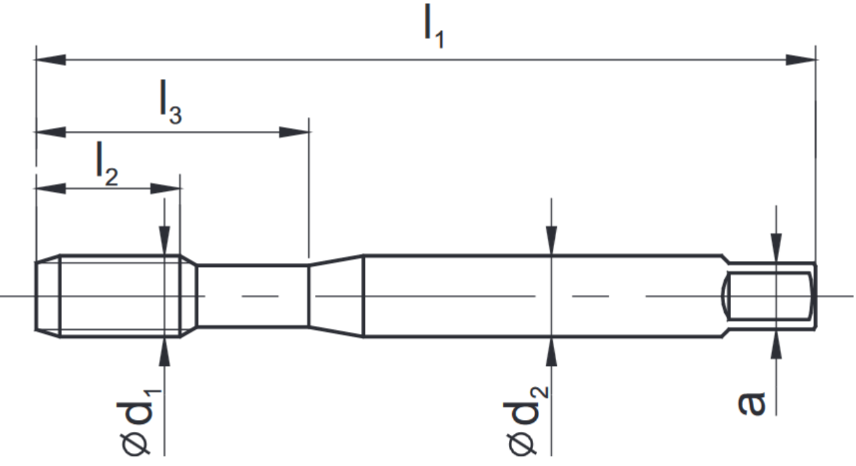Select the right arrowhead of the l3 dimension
pos(294,132)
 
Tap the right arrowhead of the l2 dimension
pos(166,189)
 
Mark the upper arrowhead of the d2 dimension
pos(552,241)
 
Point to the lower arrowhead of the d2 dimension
pos(552,352)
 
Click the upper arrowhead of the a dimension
pos(776,247)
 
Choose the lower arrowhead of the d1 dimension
pos(164,352)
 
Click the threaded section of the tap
pos(118,296)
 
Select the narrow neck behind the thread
pos(253,296)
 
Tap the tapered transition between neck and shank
pos(336,296)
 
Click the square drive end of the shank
pos(769,296)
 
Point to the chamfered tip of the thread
pos(47,296)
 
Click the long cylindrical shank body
pos(539,296)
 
